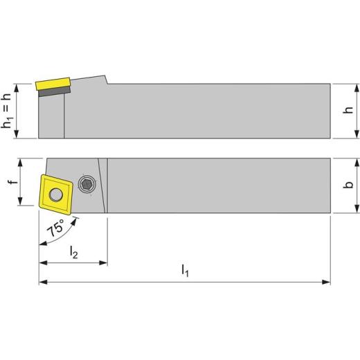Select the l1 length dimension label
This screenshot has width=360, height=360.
184,272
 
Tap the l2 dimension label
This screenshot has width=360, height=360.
73,253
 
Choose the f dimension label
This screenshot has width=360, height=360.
10,183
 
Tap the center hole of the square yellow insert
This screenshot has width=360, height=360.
55,190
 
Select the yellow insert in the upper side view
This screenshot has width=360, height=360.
51,84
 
